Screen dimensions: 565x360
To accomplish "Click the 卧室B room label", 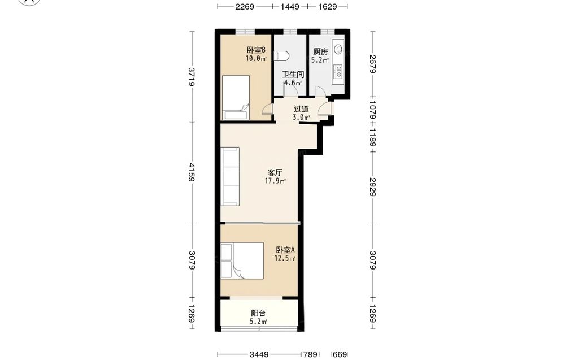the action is (256, 50).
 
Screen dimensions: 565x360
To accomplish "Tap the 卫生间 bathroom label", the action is (293, 75).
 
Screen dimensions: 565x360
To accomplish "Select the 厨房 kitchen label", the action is (320, 52).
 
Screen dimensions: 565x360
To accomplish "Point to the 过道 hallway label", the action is (301, 109).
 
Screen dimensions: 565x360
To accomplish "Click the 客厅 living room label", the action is (275, 172).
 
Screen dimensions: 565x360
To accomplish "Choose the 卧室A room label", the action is (285, 250).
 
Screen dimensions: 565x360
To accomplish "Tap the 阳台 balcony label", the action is (258, 313).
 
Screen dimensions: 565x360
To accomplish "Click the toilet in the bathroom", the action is (282, 56).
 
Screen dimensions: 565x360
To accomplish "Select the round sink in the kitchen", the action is (338, 48).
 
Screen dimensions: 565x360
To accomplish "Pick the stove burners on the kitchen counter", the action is (338, 71).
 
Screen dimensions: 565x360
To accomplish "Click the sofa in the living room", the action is (230, 176).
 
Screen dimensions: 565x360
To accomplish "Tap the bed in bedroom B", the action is (236, 97).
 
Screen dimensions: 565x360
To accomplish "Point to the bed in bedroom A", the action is (242, 261).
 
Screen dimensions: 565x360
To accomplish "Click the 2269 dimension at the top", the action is (245, 6).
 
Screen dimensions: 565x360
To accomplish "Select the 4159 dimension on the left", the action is (192, 172).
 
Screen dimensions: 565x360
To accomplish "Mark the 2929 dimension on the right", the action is (372, 187).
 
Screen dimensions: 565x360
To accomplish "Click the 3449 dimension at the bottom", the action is (259, 354).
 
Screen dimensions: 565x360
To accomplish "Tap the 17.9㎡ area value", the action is (275, 181).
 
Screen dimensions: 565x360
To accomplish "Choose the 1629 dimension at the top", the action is (328, 6).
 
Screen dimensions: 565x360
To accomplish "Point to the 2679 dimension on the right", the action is (372, 64).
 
